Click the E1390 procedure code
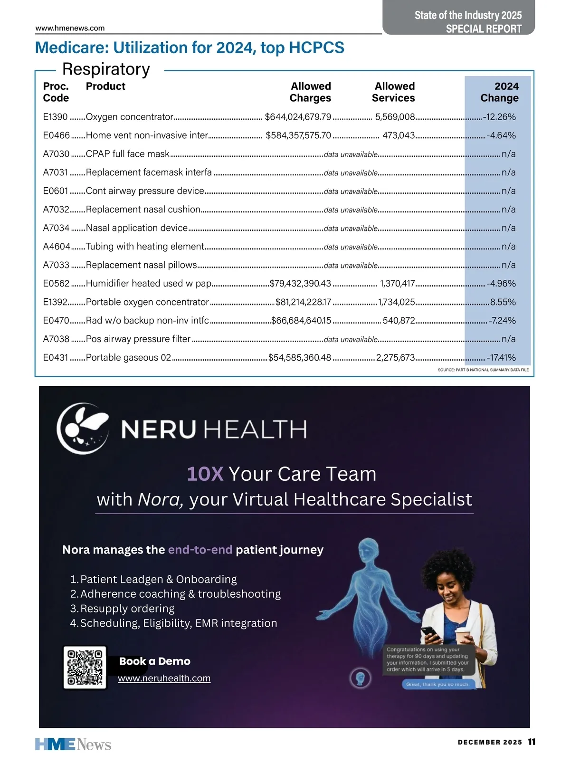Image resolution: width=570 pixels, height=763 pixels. [x=55, y=117]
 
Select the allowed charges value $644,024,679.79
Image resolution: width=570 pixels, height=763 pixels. [x=298, y=117]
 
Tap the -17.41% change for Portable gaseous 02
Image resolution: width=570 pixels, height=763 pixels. [x=501, y=358]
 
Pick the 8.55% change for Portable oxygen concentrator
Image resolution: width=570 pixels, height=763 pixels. [x=503, y=302]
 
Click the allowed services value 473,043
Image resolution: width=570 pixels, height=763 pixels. [x=399, y=135]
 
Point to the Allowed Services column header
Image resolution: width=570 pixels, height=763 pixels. [x=394, y=92]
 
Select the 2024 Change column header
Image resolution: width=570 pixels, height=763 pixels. [x=499, y=92]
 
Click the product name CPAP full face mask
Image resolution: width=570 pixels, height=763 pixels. [x=127, y=154]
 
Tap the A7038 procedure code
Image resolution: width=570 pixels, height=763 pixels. [x=56, y=339]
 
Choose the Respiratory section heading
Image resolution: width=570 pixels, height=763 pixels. [x=106, y=69]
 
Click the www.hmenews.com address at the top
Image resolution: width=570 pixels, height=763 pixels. [x=70, y=28]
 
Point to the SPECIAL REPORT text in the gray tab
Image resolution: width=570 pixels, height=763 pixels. [x=484, y=29]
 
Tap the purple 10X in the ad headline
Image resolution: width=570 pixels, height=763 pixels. [x=205, y=474]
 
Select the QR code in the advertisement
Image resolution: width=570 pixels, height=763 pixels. [x=85, y=667]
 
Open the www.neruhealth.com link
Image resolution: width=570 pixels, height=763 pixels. [x=164, y=678]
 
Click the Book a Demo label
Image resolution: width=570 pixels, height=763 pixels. [x=155, y=661]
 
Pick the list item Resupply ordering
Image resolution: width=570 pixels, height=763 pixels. [x=127, y=609]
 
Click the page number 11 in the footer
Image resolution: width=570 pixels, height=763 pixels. [x=532, y=742]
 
